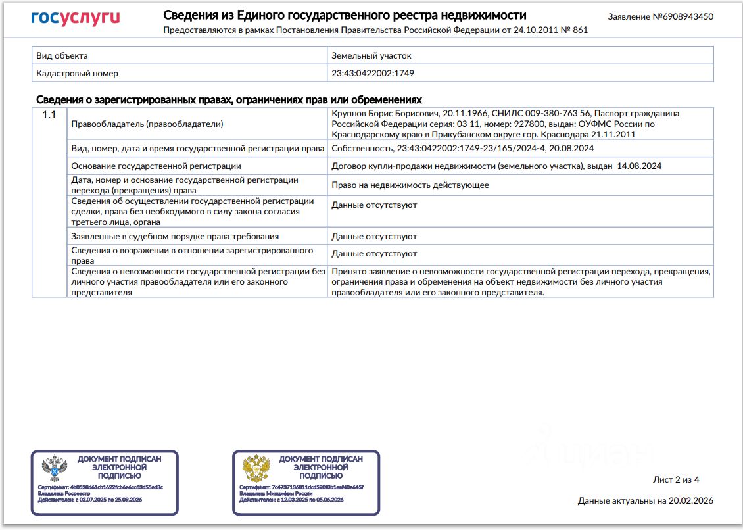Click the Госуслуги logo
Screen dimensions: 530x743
pyautogui.click(x=76, y=18)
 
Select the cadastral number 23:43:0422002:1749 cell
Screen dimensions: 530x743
pyautogui.click(x=373, y=74)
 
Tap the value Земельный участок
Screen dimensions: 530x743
pyautogui.click(x=371, y=56)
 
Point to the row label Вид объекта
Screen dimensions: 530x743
pyautogui.click(x=62, y=56)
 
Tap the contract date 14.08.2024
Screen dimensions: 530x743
pyautogui.click(x=639, y=166)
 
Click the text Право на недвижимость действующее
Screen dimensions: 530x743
pyautogui.click(x=410, y=185)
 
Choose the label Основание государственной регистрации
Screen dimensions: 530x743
pyautogui.click(x=156, y=166)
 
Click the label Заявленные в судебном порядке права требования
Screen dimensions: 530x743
pyautogui.click(x=175, y=236)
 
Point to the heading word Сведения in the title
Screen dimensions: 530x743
pyautogui.click(x=189, y=15)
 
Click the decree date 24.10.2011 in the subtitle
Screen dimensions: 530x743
pyautogui.click(x=533, y=30)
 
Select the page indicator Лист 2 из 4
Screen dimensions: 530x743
pyautogui.click(x=676, y=479)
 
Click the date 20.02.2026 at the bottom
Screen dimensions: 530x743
pyautogui.click(x=690, y=501)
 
